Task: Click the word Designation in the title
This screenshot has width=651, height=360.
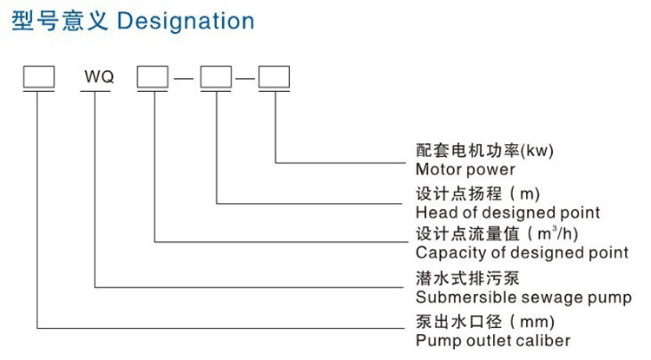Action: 186,21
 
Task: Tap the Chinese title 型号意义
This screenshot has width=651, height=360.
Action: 60,21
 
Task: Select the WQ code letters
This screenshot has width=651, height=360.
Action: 99,76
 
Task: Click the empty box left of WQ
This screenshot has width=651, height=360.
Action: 38,76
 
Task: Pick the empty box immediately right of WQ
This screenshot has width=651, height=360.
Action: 153,76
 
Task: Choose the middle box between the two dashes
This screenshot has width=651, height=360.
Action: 216,76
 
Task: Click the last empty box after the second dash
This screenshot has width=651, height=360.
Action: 274,76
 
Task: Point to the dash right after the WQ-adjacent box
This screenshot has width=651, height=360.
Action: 184,78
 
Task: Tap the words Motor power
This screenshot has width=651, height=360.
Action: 465,169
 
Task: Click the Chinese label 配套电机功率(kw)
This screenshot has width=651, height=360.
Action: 484,150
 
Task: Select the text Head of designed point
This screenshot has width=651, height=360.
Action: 508,213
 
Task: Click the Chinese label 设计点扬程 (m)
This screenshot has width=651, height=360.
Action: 477,193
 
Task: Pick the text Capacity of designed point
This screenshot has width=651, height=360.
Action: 522,252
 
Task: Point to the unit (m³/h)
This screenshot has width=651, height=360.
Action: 553,233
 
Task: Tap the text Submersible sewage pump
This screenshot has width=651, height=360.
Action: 523,298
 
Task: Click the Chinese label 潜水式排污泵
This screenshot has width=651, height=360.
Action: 468,278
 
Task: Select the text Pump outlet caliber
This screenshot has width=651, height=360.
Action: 493,341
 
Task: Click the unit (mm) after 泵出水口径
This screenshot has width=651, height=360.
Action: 533,322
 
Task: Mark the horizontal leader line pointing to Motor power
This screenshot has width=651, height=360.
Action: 340,163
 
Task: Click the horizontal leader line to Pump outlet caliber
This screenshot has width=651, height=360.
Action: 220,329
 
